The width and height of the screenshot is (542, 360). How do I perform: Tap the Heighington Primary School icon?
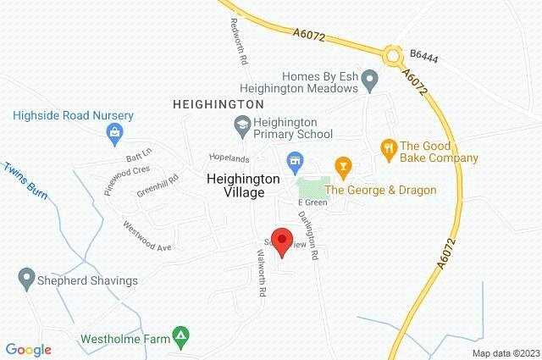[x=241, y=125]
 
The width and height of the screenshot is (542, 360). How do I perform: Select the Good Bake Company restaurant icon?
[x=390, y=150]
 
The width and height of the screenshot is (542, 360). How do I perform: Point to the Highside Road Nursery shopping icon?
[x=113, y=132]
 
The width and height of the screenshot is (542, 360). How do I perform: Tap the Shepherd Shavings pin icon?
[x=25, y=277]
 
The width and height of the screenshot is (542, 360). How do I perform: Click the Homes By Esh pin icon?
[x=369, y=81]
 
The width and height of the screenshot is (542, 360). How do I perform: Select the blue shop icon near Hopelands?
[x=295, y=159]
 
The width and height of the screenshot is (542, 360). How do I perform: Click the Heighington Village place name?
[x=236, y=186]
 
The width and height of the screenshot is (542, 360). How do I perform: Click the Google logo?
[x=28, y=349]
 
